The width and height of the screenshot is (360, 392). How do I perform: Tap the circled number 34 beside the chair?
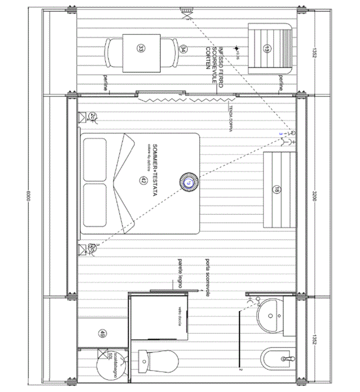(183, 49)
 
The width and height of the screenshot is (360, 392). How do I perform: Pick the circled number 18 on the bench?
(277, 189)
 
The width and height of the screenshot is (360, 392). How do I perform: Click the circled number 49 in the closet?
(102, 333)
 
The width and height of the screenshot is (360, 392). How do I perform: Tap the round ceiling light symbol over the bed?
(188, 182)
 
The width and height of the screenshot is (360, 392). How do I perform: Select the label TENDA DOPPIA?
(230, 118)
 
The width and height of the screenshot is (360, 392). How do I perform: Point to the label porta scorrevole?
(207, 278)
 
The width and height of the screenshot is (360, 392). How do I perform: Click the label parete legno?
(180, 273)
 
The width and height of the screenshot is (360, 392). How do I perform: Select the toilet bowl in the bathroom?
(159, 360)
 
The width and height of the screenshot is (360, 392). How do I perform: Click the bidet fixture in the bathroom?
(278, 359)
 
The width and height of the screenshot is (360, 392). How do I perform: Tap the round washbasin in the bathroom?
(270, 315)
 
